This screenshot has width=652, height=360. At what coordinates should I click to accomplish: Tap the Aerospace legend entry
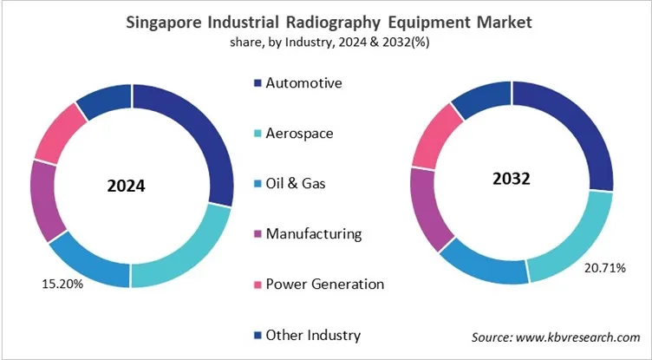[x=300, y=134]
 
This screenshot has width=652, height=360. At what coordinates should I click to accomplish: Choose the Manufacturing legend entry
[x=313, y=234]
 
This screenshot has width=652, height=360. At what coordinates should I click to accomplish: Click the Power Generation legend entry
[x=324, y=285]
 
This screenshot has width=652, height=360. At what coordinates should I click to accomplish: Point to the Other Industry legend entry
[x=312, y=335]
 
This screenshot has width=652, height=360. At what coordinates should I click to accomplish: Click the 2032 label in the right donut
[x=512, y=180]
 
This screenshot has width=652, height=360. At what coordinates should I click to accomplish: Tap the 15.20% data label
[x=62, y=283]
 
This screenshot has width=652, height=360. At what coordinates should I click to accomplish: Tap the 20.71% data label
[x=603, y=267]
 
